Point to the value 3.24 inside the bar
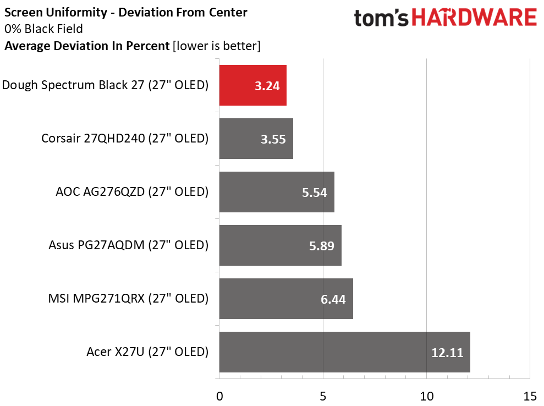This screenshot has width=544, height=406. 267,86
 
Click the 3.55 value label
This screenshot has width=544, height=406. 273,139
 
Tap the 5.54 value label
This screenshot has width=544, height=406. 315,193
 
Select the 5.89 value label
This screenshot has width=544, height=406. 322,246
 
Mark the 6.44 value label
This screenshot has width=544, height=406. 333,299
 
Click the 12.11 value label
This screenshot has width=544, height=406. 447,353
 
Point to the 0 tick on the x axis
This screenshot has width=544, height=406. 219,396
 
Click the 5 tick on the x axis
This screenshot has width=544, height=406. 323,396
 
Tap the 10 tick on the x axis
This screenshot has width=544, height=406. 426,396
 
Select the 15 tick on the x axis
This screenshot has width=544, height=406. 530,396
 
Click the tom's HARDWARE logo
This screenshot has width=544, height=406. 446,18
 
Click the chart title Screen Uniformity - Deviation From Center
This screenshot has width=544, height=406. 126,12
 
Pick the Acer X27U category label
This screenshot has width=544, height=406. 147,352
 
